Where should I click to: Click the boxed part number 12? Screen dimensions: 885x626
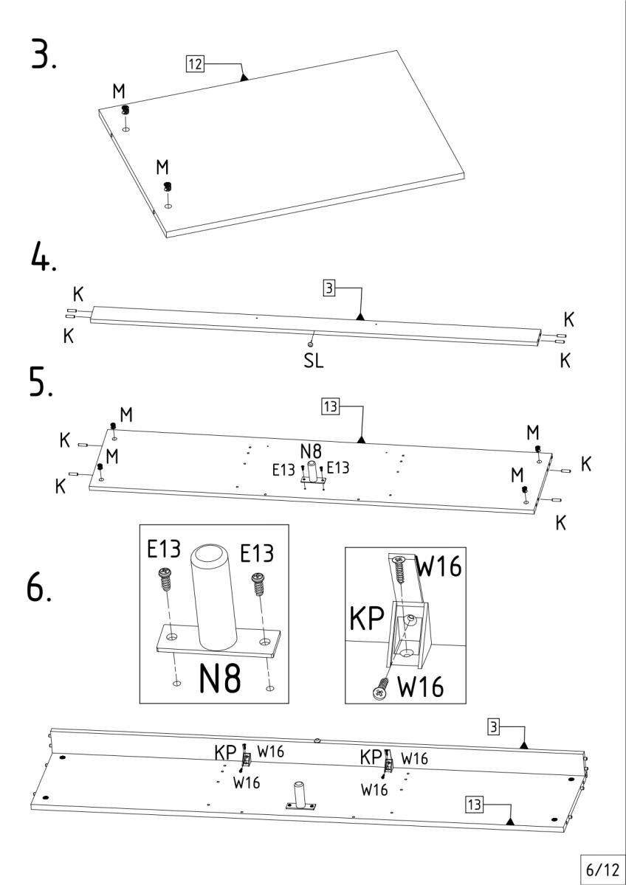click(195, 64)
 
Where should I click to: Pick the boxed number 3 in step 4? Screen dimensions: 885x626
click(329, 288)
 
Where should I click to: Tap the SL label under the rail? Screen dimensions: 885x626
click(314, 361)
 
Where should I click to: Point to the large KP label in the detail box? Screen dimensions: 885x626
click(366, 619)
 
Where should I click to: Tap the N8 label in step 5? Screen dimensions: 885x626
click(310, 451)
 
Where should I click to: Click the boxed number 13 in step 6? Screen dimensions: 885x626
click(474, 804)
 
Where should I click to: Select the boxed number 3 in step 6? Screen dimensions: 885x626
click(493, 726)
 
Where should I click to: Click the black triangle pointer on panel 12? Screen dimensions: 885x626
click(244, 75)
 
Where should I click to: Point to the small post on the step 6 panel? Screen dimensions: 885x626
click(300, 795)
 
